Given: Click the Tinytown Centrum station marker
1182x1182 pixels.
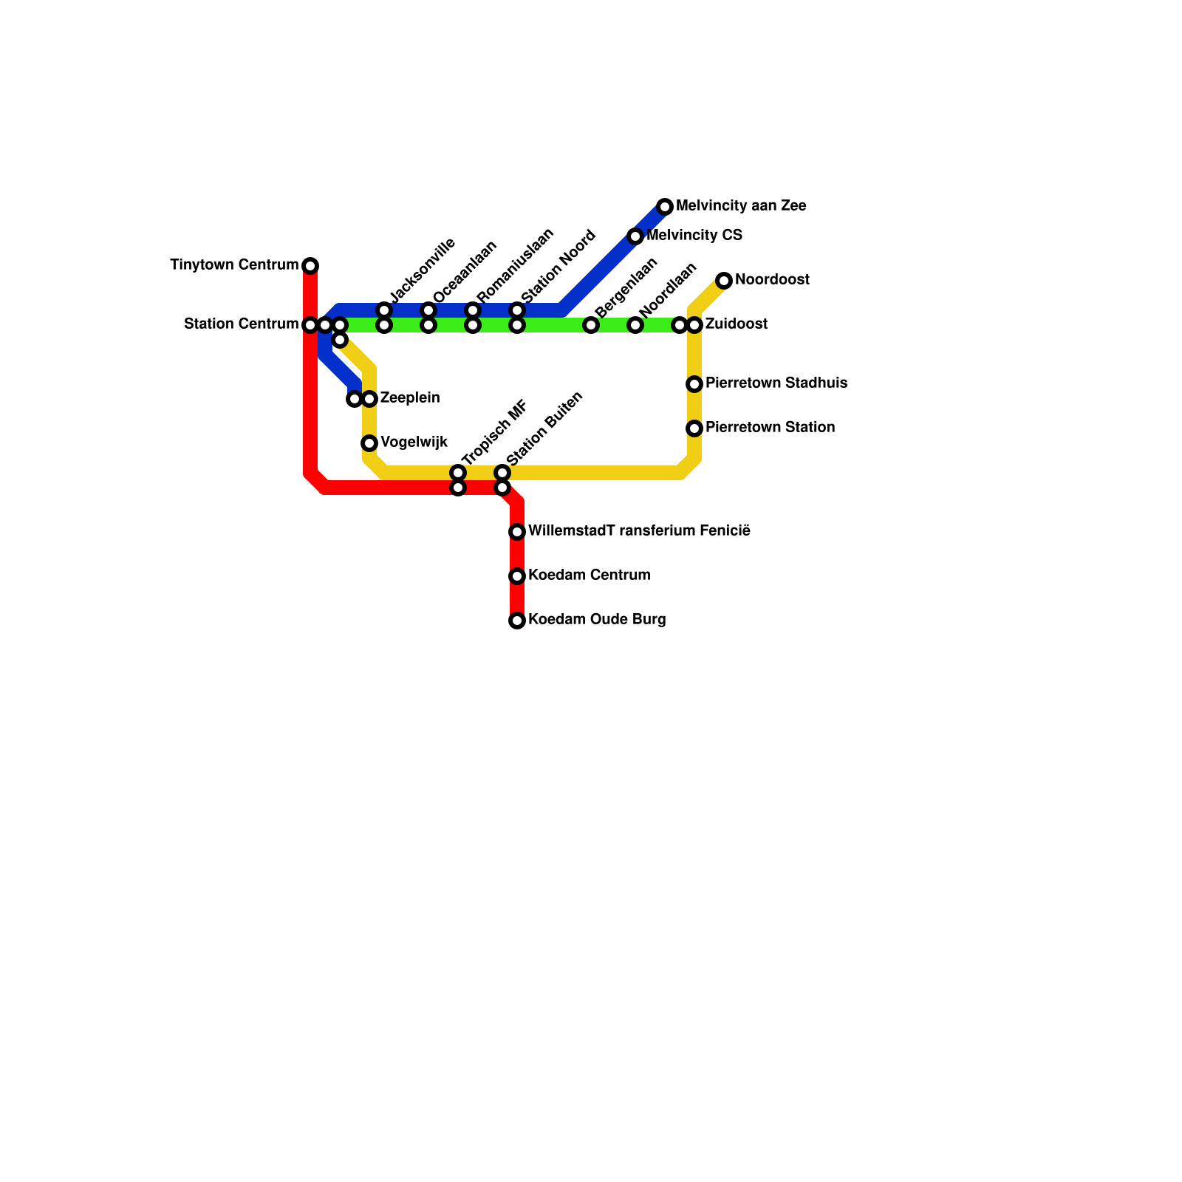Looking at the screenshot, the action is (x=310, y=266).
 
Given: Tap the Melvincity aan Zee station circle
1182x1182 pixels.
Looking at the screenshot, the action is (x=665, y=207).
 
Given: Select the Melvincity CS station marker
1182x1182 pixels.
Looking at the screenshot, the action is (x=635, y=236).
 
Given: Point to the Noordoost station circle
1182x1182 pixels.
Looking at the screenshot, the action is (x=724, y=281).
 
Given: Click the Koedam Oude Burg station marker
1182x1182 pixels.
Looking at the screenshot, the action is (x=517, y=621).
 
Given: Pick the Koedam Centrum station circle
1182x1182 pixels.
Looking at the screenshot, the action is (x=517, y=576).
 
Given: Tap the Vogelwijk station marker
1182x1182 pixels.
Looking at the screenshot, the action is (x=369, y=443).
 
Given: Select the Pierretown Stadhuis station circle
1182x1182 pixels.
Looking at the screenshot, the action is (x=694, y=384).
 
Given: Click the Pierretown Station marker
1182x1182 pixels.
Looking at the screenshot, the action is (x=694, y=428).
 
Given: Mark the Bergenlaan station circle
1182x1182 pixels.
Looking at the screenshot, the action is (x=591, y=325).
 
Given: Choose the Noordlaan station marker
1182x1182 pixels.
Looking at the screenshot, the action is (x=635, y=325).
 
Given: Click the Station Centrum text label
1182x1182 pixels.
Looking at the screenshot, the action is (x=241, y=324).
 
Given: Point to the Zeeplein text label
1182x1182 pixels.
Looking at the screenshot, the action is (x=410, y=398).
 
